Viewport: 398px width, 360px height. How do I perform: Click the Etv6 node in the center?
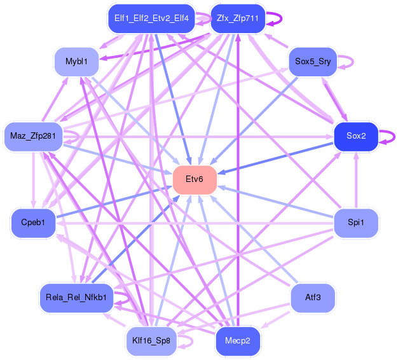pyautogui.click(x=195, y=180)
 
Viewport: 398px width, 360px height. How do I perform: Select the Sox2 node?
pyautogui.click(x=356, y=137)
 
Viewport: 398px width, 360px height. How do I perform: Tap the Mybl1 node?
pyautogui.click(x=76, y=62)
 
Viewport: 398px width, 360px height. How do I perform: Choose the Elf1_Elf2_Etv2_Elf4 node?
pyautogui.click(x=151, y=18)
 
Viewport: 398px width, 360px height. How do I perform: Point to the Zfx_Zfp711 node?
pyautogui.click(x=238, y=18)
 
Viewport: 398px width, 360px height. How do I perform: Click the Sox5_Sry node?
pyautogui.click(x=313, y=62)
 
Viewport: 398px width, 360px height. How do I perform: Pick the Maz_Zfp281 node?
pyautogui.click(x=33, y=137)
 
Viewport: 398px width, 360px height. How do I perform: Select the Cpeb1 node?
pyautogui.click(x=33, y=223)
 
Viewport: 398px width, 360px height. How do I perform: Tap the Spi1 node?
pyautogui.click(x=356, y=223)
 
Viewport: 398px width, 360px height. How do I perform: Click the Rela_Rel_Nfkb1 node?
pyautogui.click(x=76, y=298)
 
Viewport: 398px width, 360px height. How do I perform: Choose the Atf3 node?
pyautogui.click(x=313, y=298)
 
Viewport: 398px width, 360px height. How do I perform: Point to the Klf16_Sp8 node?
pyautogui.click(x=151, y=341)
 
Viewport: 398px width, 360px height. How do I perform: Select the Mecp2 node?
pyautogui.click(x=238, y=341)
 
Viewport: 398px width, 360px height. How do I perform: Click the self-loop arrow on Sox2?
pyautogui.click(x=394, y=137)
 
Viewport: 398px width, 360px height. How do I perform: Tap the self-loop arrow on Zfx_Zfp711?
pyautogui.click(x=281, y=18)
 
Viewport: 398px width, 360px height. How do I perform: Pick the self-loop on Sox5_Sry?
pyautogui.click(x=353, y=62)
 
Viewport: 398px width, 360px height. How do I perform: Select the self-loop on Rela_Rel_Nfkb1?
pyautogui.click(x=129, y=298)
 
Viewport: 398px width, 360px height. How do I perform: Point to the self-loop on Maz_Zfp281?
pyautogui.click(x=78, y=137)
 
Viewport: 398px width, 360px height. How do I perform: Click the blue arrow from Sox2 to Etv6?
pyautogui.click(x=275, y=158)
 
